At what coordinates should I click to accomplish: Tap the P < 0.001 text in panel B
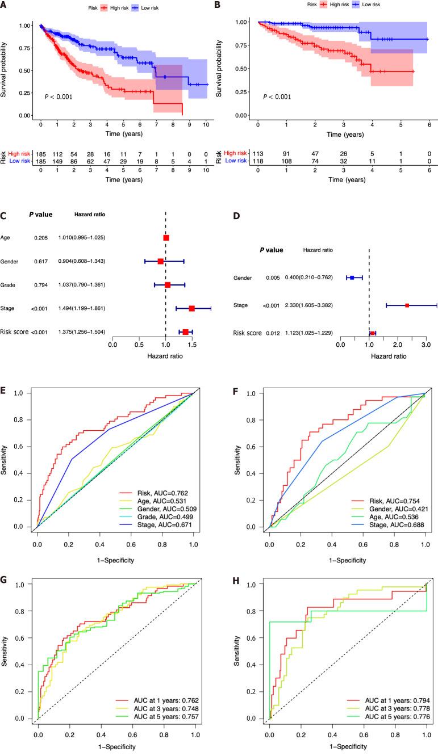(x=277, y=97)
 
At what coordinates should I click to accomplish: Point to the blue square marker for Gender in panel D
(x=352, y=278)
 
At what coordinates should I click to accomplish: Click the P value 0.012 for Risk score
(x=273, y=333)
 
